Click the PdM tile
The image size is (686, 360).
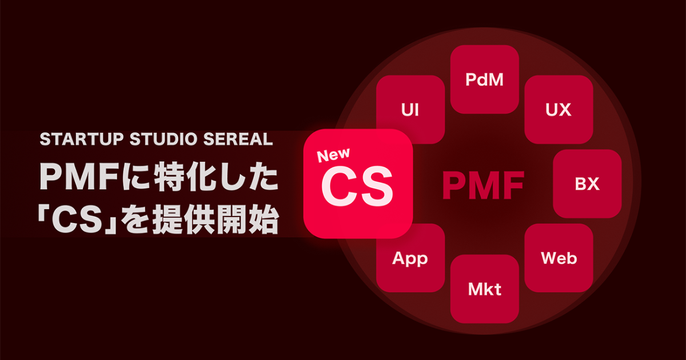pyautogui.click(x=485, y=79)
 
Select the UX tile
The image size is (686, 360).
pyautogui.click(x=559, y=109)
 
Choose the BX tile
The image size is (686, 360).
pyautogui.click(x=587, y=183)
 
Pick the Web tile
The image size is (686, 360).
pyautogui.click(x=559, y=258)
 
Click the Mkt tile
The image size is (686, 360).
pyautogui.click(x=485, y=289)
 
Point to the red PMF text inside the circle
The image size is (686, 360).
pyautogui.click(x=483, y=185)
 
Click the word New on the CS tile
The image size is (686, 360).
pyautogui.click(x=333, y=155)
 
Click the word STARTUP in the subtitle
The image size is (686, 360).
pyautogui.click(x=81, y=139)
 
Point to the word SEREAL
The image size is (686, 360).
pyautogui.click(x=238, y=139)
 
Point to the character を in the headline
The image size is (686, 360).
pyautogui.click(x=135, y=219)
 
